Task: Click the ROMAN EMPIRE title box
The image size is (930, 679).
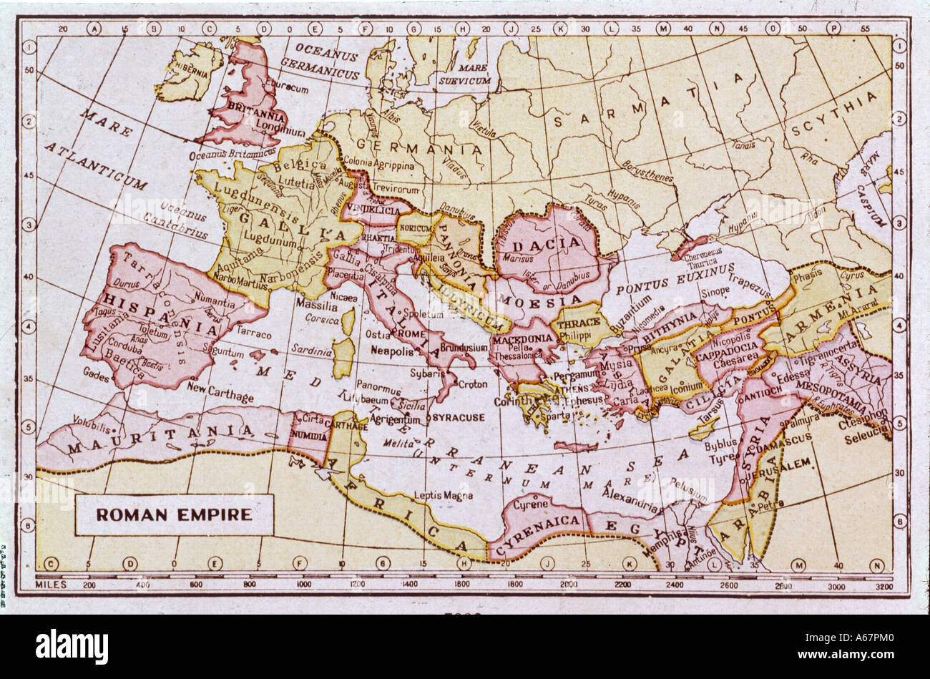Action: [x=174, y=514]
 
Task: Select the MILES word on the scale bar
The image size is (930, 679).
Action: [x=51, y=585]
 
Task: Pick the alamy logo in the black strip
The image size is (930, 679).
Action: [x=72, y=646]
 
